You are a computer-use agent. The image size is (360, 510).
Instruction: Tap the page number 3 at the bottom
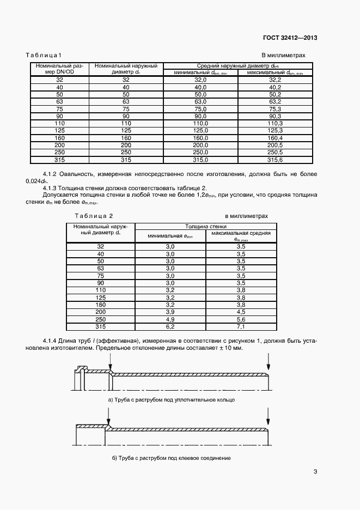(x=315, y=472)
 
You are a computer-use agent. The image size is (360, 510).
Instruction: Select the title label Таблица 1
(x=44, y=56)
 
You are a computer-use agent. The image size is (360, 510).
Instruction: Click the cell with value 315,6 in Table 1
(x=275, y=160)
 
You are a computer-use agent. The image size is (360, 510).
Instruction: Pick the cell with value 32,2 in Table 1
(x=275, y=80)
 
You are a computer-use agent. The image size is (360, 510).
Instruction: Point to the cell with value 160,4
(x=275, y=138)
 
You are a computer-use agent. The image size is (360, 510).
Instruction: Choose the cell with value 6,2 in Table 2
(x=170, y=326)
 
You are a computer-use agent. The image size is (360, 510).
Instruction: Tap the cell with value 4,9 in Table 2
(x=170, y=319)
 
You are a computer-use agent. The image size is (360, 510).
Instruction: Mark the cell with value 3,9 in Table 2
(x=170, y=312)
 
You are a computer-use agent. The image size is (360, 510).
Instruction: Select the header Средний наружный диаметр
(x=238, y=65)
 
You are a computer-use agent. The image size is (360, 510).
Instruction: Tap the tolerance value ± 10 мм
(x=229, y=348)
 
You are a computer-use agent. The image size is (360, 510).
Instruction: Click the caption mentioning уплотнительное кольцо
(x=172, y=400)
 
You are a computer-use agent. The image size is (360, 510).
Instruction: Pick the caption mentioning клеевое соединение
(x=172, y=458)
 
